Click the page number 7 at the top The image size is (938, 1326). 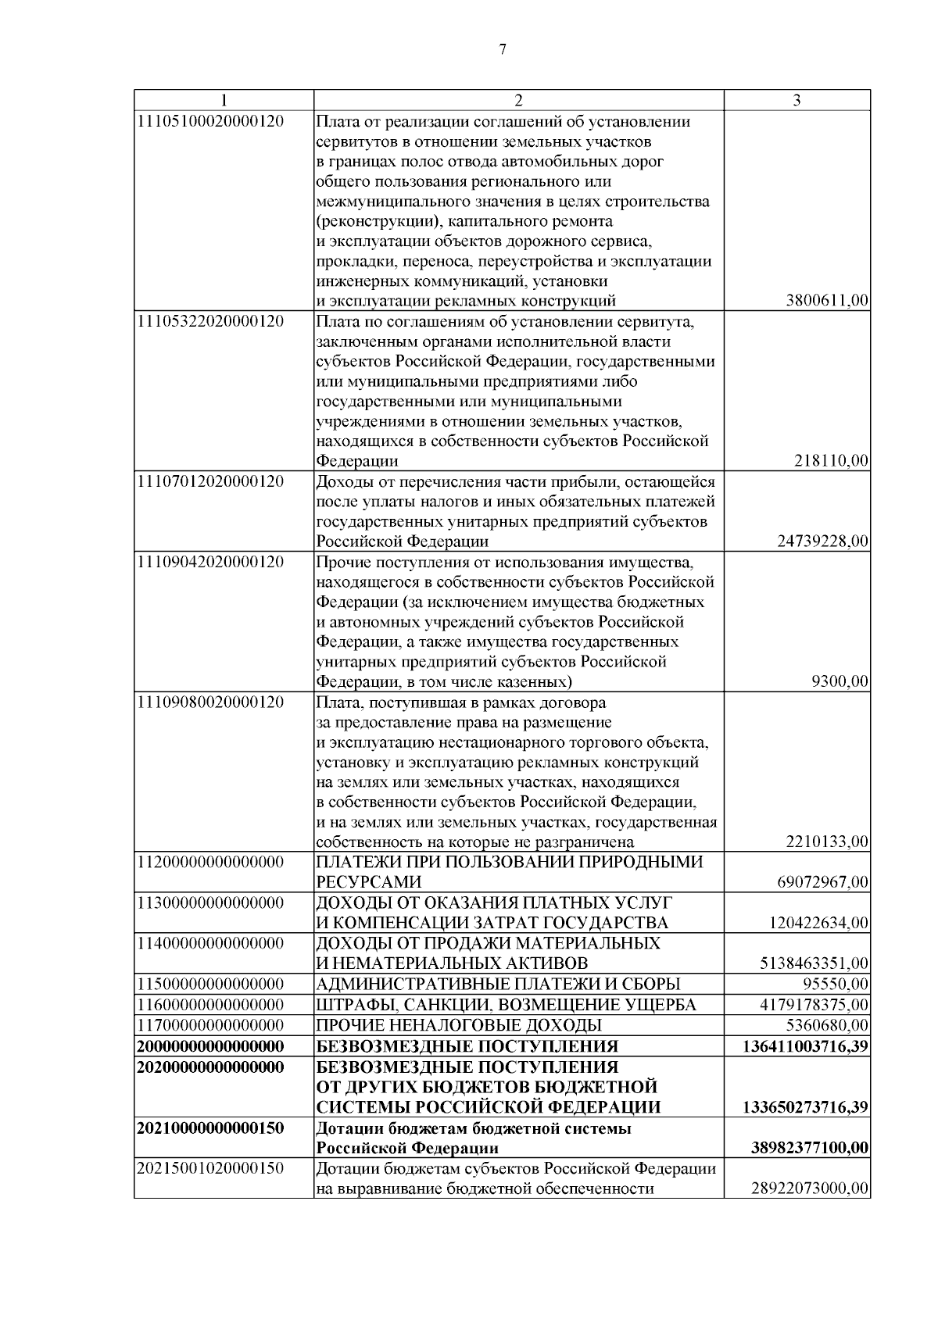pyautogui.click(x=503, y=50)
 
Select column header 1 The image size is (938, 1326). pyautogui.click(x=224, y=101)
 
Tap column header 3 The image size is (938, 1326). pyautogui.click(x=797, y=101)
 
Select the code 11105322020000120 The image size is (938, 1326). pyautogui.click(x=210, y=321)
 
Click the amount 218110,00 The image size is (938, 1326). pyautogui.click(x=831, y=462)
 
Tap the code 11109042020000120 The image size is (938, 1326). pyautogui.click(x=210, y=562)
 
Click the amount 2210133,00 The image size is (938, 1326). pyautogui.click(x=827, y=842)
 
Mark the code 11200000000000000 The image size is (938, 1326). pyautogui.click(x=210, y=862)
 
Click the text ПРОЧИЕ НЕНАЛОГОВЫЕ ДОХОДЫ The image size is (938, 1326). pyautogui.click(x=459, y=1024)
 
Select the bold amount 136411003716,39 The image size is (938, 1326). pyautogui.click(x=809, y=1046)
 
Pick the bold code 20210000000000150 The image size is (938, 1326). pyautogui.click(x=210, y=1129)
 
